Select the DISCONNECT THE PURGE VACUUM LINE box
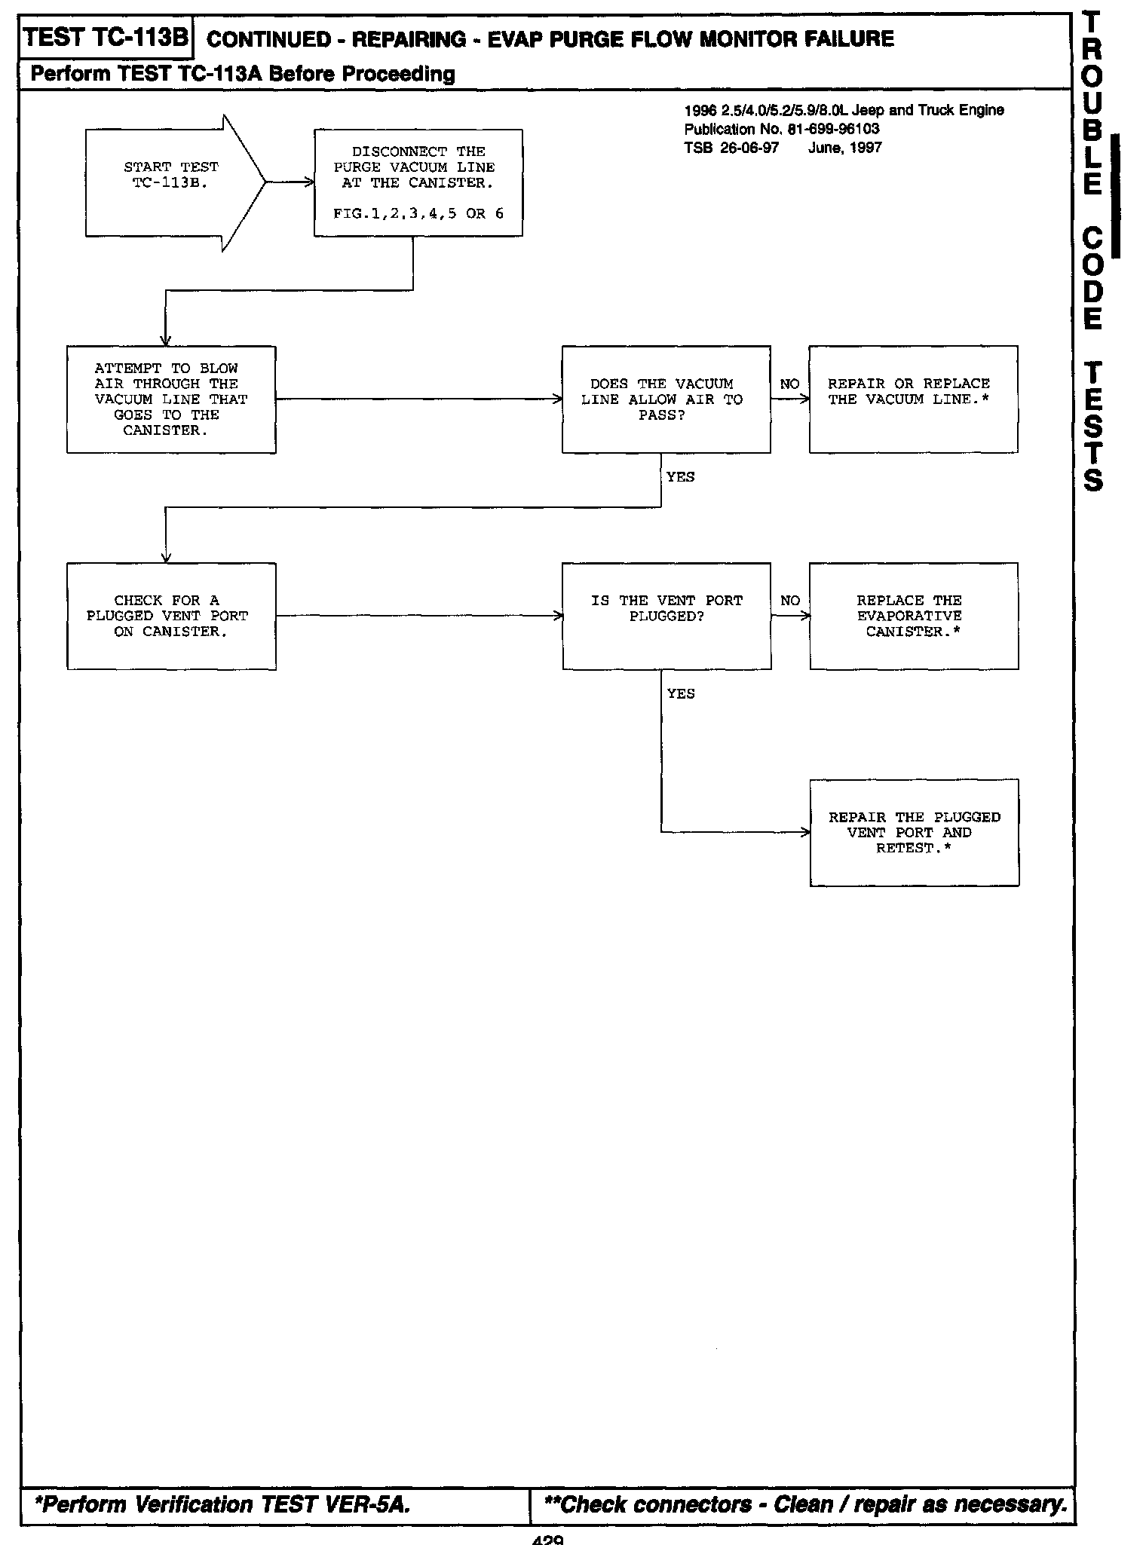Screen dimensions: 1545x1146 418,182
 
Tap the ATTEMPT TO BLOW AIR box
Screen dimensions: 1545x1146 171,399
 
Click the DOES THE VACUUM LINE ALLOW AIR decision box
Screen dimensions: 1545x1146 666,399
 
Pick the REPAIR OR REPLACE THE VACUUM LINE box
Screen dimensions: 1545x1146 913,399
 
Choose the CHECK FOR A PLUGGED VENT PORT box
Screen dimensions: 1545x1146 171,616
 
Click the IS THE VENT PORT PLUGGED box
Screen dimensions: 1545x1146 666,616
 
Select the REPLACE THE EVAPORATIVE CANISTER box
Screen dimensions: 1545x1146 914,616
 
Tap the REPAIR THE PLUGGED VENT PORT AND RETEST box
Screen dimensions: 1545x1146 914,833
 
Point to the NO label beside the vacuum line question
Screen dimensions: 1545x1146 789,384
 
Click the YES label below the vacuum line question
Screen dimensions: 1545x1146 680,477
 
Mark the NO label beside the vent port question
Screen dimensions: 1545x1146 790,601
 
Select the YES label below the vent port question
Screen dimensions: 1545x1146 681,693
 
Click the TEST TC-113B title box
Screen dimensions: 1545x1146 106,37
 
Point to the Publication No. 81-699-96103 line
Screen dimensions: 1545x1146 781,129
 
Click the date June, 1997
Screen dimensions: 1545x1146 844,148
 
